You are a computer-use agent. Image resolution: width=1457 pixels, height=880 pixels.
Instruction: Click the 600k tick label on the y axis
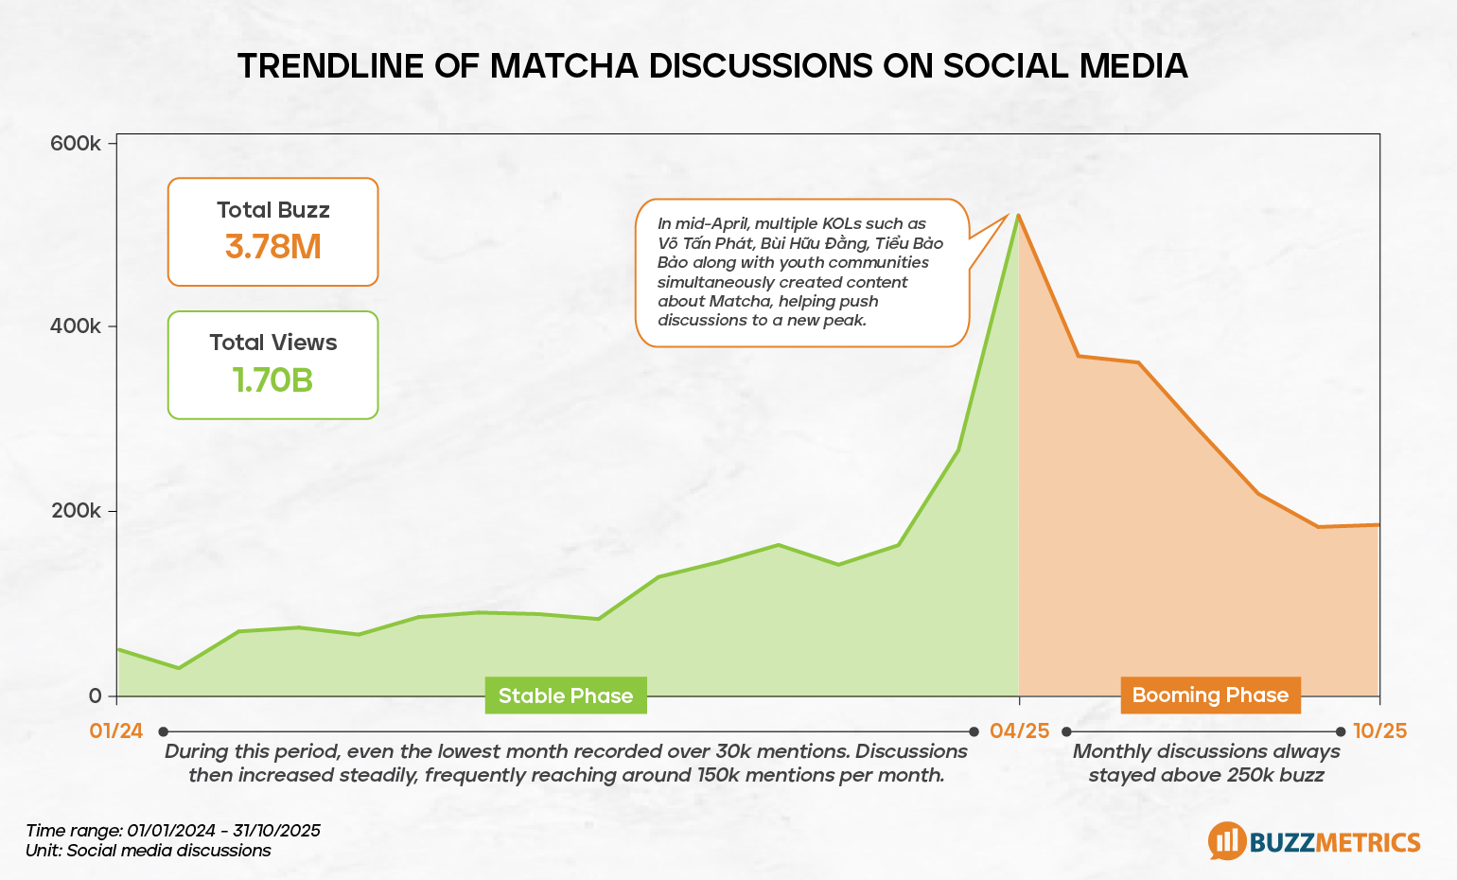click(76, 144)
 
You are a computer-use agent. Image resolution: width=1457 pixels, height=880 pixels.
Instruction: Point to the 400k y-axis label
click(76, 326)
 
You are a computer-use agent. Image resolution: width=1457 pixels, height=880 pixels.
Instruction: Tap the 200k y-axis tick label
click(76, 511)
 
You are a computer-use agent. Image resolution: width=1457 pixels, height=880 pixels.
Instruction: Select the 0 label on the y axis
click(95, 695)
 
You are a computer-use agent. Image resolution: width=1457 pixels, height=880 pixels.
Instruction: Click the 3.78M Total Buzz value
click(272, 247)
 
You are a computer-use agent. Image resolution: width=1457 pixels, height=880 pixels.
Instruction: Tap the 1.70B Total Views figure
click(272, 379)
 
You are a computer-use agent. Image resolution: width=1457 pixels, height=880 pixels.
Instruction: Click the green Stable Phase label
click(566, 695)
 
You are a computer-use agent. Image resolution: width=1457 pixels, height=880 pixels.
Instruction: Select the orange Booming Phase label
click(1210, 695)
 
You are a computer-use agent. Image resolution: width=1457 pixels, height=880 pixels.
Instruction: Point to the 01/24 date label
click(116, 730)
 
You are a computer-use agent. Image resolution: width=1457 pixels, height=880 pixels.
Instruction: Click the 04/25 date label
click(1019, 730)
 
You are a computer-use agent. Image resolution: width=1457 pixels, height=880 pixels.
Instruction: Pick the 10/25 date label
click(1379, 730)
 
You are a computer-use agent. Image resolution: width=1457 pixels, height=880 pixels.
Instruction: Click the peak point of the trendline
click(1018, 215)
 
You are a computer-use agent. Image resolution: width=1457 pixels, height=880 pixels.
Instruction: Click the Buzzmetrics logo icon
click(1227, 840)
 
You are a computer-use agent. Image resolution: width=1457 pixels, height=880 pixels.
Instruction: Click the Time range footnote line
click(173, 831)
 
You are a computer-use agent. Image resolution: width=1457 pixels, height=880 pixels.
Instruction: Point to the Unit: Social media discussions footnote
click(149, 850)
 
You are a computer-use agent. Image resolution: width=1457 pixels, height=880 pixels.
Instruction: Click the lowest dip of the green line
click(178, 668)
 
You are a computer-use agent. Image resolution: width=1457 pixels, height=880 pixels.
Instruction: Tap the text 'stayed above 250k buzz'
click(1205, 775)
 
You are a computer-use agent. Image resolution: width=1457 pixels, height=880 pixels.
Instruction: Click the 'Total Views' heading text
click(272, 343)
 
